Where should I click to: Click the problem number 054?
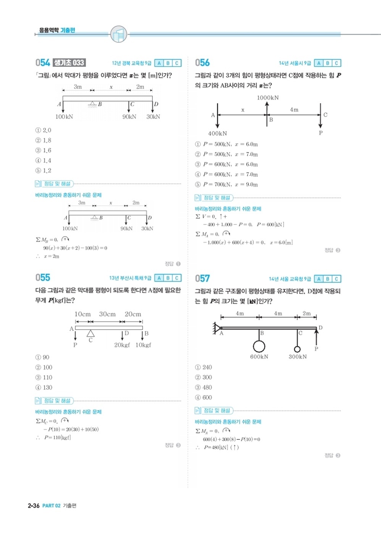click(x=43, y=63)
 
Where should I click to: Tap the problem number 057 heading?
click(x=202, y=279)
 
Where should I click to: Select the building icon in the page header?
click(x=118, y=34)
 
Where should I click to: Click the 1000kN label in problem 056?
click(x=268, y=98)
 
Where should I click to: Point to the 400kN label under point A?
click(x=218, y=133)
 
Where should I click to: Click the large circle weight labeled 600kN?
click(x=259, y=346)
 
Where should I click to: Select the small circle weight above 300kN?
click(x=297, y=349)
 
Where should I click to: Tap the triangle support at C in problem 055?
click(x=90, y=334)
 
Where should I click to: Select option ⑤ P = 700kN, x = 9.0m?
click(x=226, y=185)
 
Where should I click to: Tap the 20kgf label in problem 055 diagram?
click(x=122, y=345)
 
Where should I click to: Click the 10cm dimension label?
click(x=82, y=314)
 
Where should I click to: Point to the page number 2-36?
click(x=34, y=506)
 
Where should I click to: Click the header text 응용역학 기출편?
click(x=57, y=30)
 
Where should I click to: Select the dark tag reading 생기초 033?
click(x=69, y=63)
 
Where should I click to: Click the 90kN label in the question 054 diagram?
click(x=129, y=117)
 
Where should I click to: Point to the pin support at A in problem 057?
click(x=217, y=327)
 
